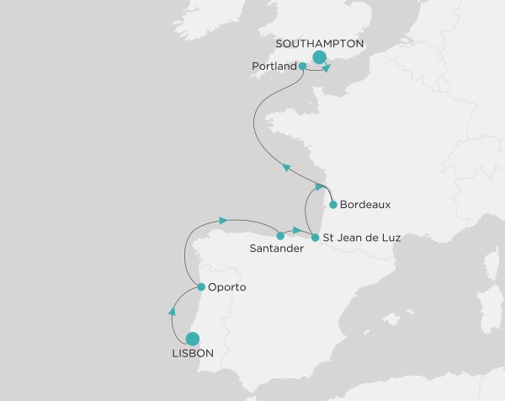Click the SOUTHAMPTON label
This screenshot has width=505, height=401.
(319, 42)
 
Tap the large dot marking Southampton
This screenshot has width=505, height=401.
(319, 57)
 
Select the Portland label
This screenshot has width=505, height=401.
(274, 66)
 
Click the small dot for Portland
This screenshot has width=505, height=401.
(303, 66)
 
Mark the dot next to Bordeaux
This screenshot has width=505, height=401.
(333, 205)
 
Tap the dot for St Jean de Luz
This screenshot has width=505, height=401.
(315, 238)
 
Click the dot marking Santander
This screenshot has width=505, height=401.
(280, 236)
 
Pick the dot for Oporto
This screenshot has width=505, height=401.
(200, 287)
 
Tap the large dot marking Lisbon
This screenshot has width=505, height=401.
(192, 339)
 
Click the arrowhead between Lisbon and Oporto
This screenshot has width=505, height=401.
(173, 312)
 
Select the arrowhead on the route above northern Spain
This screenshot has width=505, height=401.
(223, 221)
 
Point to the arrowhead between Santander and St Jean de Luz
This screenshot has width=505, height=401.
(297, 230)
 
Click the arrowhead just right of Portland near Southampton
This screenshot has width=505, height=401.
(327, 69)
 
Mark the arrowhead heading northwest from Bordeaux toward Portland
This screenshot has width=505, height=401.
(286, 168)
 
